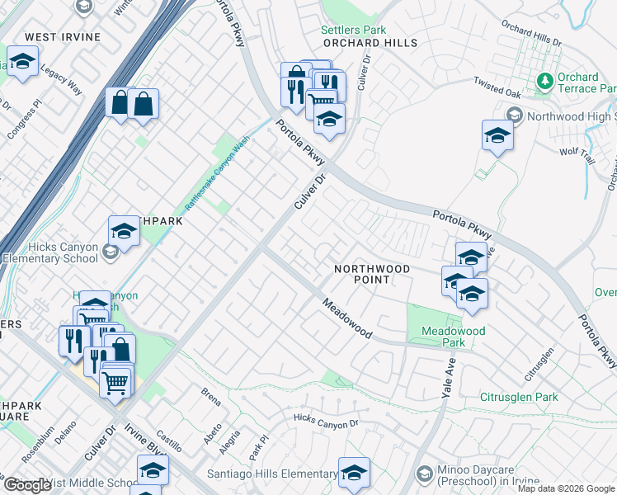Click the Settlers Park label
(x=353, y=31)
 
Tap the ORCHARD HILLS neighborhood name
(x=370, y=43)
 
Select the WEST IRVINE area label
(x=63, y=37)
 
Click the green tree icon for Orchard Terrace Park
(x=544, y=82)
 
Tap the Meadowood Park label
(x=453, y=337)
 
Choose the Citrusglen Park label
(x=519, y=397)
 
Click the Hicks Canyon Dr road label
(x=327, y=421)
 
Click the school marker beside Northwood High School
(x=497, y=135)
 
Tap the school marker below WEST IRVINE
(x=23, y=62)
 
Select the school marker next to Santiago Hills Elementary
(x=354, y=473)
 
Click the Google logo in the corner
(x=27, y=485)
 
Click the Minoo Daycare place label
(x=489, y=476)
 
